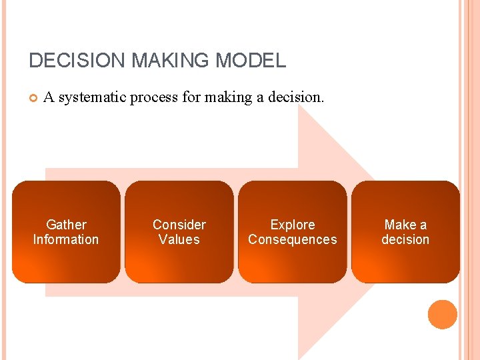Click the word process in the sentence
click(155, 98)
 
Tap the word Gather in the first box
click(66, 225)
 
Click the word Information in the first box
click(66, 239)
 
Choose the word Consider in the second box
click(179, 225)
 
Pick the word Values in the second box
click(179, 239)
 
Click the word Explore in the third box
click(293, 225)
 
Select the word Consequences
click(293, 239)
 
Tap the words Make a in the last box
click(405, 225)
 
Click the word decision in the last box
click(405, 239)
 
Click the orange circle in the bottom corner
click(442, 315)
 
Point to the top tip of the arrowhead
click(299, 107)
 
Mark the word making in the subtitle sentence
click(234, 98)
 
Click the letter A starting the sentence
click(48, 98)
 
